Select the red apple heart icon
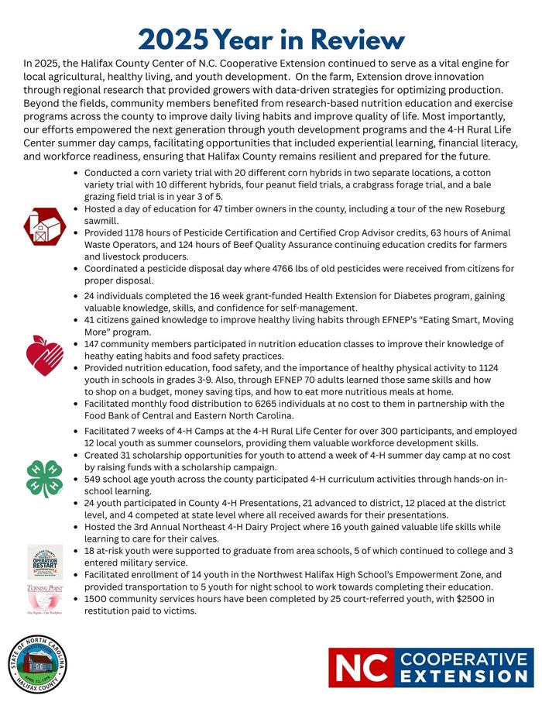(x=44, y=355)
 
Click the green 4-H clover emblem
(x=44, y=478)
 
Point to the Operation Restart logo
(x=44, y=563)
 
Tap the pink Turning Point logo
(x=44, y=599)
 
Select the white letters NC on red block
(x=360, y=667)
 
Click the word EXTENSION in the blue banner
(x=465, y=676)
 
